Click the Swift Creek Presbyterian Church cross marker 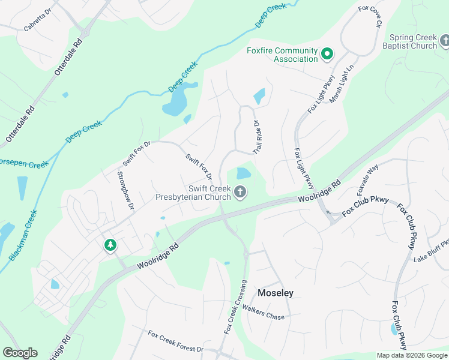click(240, 193)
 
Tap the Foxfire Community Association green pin click(327, 55)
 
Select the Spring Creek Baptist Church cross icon click(445, 41)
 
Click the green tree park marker click(110, 245)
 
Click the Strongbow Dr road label click(125, 190)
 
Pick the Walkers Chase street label click(268, 317)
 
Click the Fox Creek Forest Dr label click(176, 341)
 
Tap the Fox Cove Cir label click(370, 17)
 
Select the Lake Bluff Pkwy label click(431, 251)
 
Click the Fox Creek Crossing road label click(235, 307)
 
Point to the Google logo click(20, 353)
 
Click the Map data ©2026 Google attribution click(412, 355)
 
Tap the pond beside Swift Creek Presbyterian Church click(243, 174)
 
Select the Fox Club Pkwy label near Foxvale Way click(366, 206)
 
